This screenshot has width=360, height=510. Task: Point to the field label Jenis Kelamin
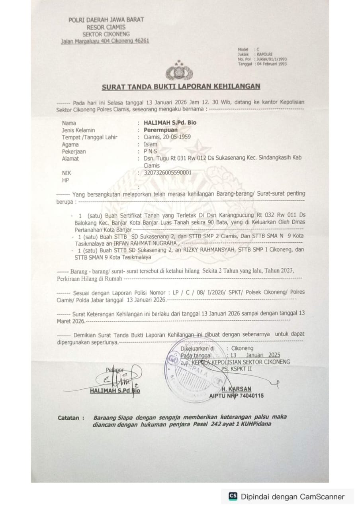point(78,130)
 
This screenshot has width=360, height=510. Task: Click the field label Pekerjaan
point(74,151)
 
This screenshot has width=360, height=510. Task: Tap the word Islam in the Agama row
point(151,144)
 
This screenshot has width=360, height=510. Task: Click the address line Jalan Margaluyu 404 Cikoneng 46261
point(105,41)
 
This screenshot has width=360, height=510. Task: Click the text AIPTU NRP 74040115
point(236,396)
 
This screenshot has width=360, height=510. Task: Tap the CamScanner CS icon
point(233,496)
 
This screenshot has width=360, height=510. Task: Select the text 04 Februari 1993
point(272,64)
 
